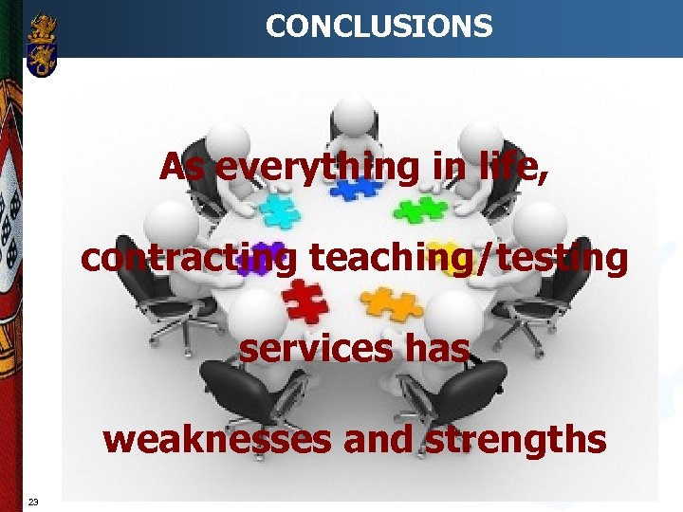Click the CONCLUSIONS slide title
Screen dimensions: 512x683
pos(378,26)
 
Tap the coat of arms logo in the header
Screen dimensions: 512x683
pos(42,45)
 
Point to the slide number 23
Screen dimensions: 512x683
pos(33,502)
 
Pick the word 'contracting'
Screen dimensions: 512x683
pos(188,258)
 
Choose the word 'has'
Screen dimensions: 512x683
pos(435,349)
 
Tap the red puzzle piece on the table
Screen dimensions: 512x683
pos(305,302)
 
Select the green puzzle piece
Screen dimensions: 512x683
pos(420,209)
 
